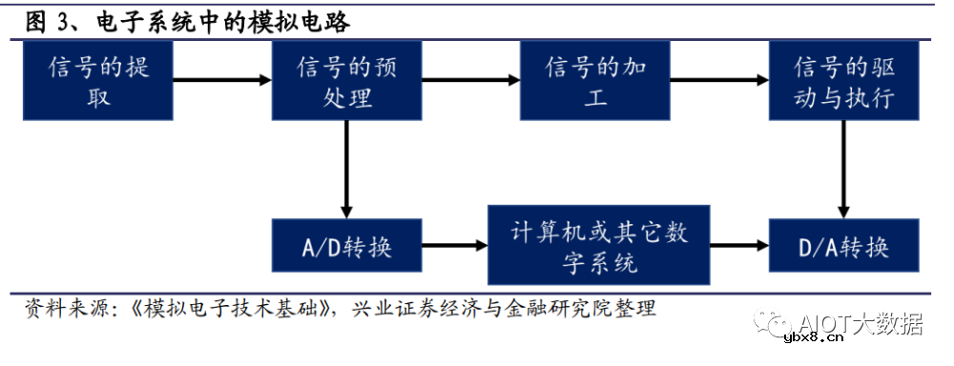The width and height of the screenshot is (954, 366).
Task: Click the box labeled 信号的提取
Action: pyautogui.click(x=98, y=81)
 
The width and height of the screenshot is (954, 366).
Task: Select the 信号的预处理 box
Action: pyautogui.click(x=346, y=81)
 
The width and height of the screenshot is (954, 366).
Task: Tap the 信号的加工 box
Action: pyautogui.click(x=594, y=81)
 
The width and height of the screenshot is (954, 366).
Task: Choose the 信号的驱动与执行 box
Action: pyautogui.click(x=843, y=81)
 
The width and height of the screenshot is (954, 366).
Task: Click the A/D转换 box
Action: pyautogui.click(x=346, y=248)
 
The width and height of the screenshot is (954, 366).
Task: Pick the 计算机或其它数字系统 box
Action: pyautogui.click(x=600, y=246)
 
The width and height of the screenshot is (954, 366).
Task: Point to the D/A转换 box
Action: pyautogui.click(x=843, y=248)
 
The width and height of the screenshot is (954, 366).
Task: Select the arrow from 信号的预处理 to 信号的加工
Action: pyautogui.click(x=471, y=81)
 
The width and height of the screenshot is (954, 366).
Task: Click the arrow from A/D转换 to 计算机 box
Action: pyautogui.click(x=454, y=247)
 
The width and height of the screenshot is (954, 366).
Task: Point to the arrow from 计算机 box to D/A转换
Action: pyautogui.click(x=740, y=247)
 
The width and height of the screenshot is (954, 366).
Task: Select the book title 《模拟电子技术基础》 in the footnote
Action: pyautogui.click(x=233, y=308)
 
